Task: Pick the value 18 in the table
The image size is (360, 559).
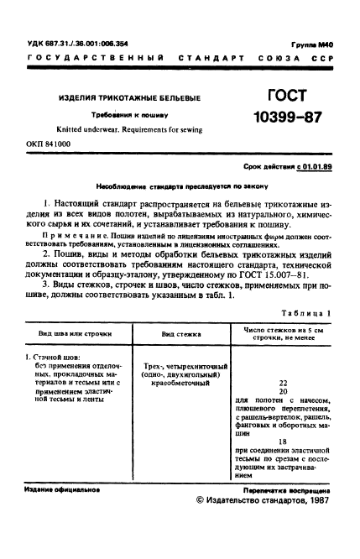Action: [x=282, y=440]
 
